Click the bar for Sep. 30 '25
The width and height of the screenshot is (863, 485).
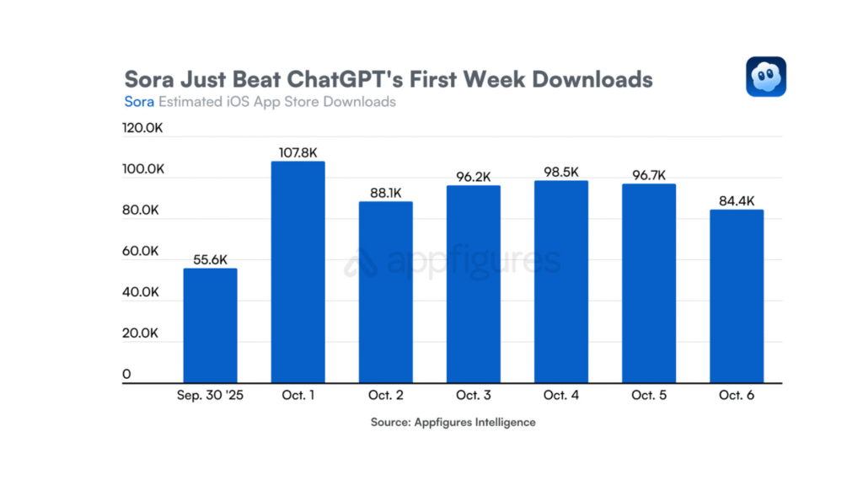tap(210, 326)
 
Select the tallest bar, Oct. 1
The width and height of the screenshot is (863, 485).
tap(297, 272)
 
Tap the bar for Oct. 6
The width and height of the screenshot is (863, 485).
tap(736, 296)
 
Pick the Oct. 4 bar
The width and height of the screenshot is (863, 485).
tap(560, 282)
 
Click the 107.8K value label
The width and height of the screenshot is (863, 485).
tap(297, 152)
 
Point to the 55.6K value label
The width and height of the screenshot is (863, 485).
tap(210, 260)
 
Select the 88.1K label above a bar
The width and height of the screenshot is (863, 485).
tap(385, 193)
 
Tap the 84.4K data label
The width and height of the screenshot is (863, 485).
tap(736, 201)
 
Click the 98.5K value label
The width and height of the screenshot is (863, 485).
tap(560, 172)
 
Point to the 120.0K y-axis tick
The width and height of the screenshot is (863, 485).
tap(142, 129)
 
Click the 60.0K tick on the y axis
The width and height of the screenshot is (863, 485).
tap(141, 252)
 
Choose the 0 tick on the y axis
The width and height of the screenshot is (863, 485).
tap(126, 374)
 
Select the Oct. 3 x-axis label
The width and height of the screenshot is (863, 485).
tap(473, 395)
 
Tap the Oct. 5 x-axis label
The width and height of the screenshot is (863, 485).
tap(648, 395)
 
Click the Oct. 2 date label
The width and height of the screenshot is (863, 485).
tap(385, 395)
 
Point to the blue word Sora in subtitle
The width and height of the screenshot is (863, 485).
tap(139, 102)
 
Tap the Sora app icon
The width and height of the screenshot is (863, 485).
tap(765, 77)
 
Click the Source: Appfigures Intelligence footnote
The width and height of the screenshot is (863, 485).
tap(453, 422)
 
